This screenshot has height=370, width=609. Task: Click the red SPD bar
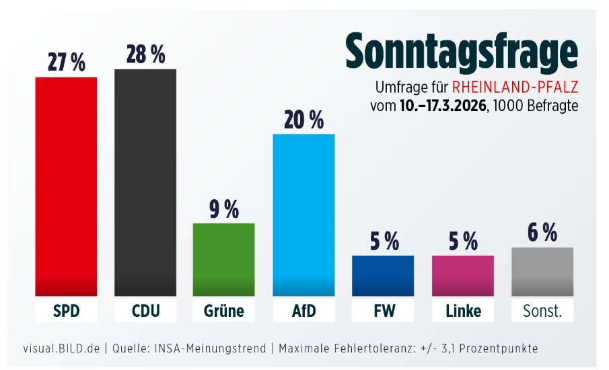(66, 186)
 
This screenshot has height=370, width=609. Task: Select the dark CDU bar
(145, 182)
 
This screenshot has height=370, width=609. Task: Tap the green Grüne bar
(224, 259)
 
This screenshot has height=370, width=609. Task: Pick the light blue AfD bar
(303, 215)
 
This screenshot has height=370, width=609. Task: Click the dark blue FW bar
(383, 275)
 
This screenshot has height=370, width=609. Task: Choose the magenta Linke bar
(463, 275)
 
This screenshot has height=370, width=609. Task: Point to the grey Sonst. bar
(542, 271)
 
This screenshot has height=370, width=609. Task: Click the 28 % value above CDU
(145, 54)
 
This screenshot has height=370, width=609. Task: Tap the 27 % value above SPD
(66, 63)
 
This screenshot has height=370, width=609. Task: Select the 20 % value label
(303, 120)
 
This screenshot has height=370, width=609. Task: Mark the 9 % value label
(224, 209)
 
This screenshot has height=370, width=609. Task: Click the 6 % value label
(542, 232)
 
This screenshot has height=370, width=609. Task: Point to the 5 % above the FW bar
(383, 240)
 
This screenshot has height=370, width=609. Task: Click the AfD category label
(303, 311)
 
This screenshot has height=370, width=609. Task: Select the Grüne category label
(224, 311)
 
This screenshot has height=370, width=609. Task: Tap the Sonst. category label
(542, 311)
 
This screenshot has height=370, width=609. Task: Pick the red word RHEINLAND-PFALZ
(515, 88)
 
